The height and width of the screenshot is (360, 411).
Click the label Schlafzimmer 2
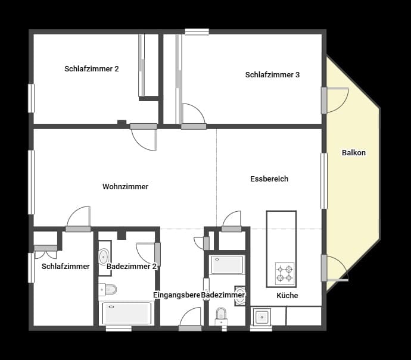point(92,69)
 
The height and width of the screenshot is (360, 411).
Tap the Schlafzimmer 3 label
point(272,75)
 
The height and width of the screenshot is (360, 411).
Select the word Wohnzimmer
point(125,187)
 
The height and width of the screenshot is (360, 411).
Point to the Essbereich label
point(269,179)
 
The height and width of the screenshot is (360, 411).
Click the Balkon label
point(354,153)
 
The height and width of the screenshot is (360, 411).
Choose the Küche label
point(287,296)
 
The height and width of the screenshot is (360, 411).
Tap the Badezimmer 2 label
point(132,267)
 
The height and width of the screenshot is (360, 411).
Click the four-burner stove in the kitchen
point(285,274)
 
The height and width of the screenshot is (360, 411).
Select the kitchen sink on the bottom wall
point(261,317)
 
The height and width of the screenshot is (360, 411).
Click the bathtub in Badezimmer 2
point(126,313)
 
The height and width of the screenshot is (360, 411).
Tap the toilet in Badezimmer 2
point(108,290)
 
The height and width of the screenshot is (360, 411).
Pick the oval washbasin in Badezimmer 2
point(103,256)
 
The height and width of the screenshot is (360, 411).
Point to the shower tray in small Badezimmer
point(226,265)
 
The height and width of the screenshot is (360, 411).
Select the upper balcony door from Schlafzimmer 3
point(334,99)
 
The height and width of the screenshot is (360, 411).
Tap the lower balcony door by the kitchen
point(335,268)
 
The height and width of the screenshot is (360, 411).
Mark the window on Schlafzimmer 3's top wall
point(197,32)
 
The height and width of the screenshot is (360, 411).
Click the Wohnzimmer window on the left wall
point(32,181)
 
